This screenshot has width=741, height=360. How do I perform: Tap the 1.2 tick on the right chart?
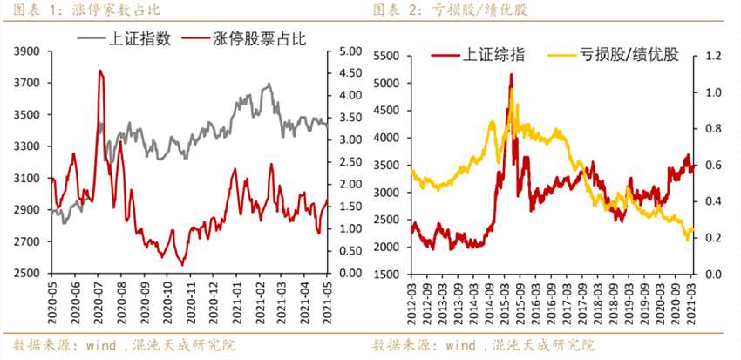tap(714, 56)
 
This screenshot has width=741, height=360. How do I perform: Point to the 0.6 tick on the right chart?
tap(714, 165)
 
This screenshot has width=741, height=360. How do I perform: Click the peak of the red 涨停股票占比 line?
tap(99, 71)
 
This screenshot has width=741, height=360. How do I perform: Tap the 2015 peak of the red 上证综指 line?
tap(511, 75)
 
